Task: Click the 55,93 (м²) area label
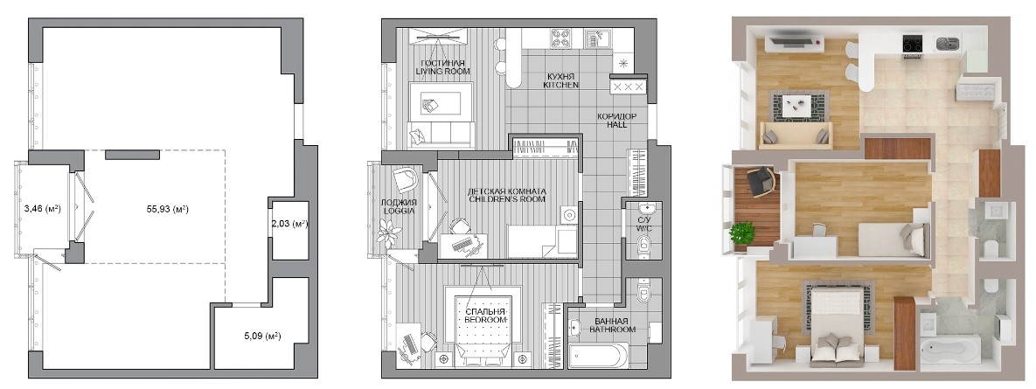[x=168, y=209]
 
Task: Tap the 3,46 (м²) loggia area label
[x=42, y=209]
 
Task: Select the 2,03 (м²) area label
[x=290, y=224]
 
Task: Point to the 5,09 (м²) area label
[x=262, y=337]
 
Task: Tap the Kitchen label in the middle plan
[x=561, y=80]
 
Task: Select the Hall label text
[x=616, y=120]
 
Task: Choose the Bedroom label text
[x=485, y=315]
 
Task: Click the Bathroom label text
[x=613, y=325]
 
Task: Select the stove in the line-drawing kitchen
[x=561, y=38]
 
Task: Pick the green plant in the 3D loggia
[x=742, y=233]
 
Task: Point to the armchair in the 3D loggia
[x=760, y=180]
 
